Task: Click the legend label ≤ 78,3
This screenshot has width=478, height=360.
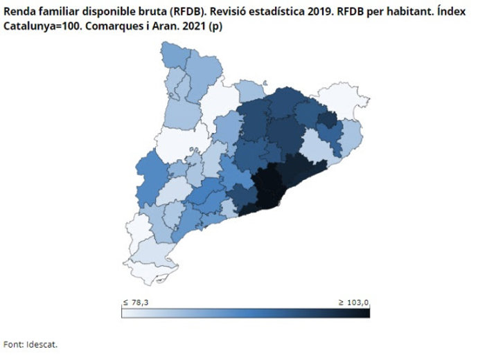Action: click(135, 303)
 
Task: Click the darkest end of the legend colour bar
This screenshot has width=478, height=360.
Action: click(365, 314)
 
